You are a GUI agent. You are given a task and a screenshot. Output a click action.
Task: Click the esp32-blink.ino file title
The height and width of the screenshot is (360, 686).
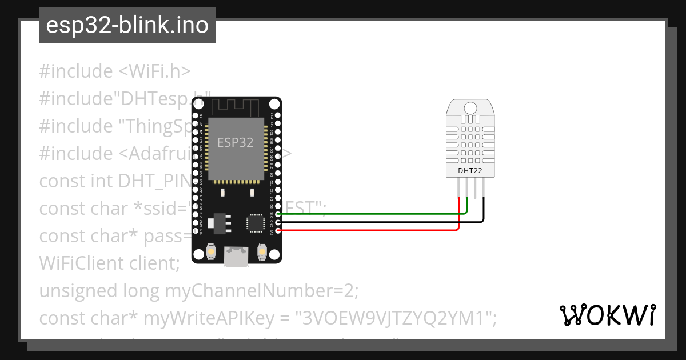127,25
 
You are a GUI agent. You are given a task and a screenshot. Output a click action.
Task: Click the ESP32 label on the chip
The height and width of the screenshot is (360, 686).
235,142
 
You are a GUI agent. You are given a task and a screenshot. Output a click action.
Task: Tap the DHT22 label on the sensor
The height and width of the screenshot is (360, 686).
470,170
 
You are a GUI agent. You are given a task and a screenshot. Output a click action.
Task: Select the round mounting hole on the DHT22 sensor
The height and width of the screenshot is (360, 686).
470,108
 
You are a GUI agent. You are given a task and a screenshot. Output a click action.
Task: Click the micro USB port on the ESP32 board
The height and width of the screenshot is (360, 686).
236,255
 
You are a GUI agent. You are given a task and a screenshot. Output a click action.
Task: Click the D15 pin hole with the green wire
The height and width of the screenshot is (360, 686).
278,214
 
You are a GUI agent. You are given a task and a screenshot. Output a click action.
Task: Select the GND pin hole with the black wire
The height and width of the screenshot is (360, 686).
278,222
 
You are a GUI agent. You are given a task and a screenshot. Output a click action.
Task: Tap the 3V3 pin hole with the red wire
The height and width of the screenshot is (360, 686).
278,230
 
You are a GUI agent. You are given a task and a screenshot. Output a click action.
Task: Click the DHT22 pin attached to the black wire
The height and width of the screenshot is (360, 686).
484,189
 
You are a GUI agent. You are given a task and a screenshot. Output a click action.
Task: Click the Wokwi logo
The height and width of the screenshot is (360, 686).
607,314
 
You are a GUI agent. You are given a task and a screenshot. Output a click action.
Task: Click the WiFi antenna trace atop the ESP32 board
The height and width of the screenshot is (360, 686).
236,106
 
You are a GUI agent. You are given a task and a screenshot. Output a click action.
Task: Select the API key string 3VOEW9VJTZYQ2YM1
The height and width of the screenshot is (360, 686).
397,318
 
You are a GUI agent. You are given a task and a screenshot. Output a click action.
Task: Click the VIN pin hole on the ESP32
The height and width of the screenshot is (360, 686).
195,230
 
